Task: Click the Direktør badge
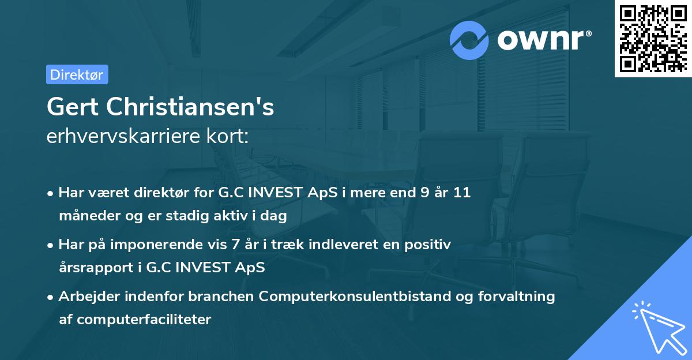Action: pos(77,74)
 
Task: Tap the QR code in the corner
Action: pos(653,39)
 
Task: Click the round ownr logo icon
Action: pos(469,40)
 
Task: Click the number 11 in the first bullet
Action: pos(461,193)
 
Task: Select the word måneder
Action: pos(86,216)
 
